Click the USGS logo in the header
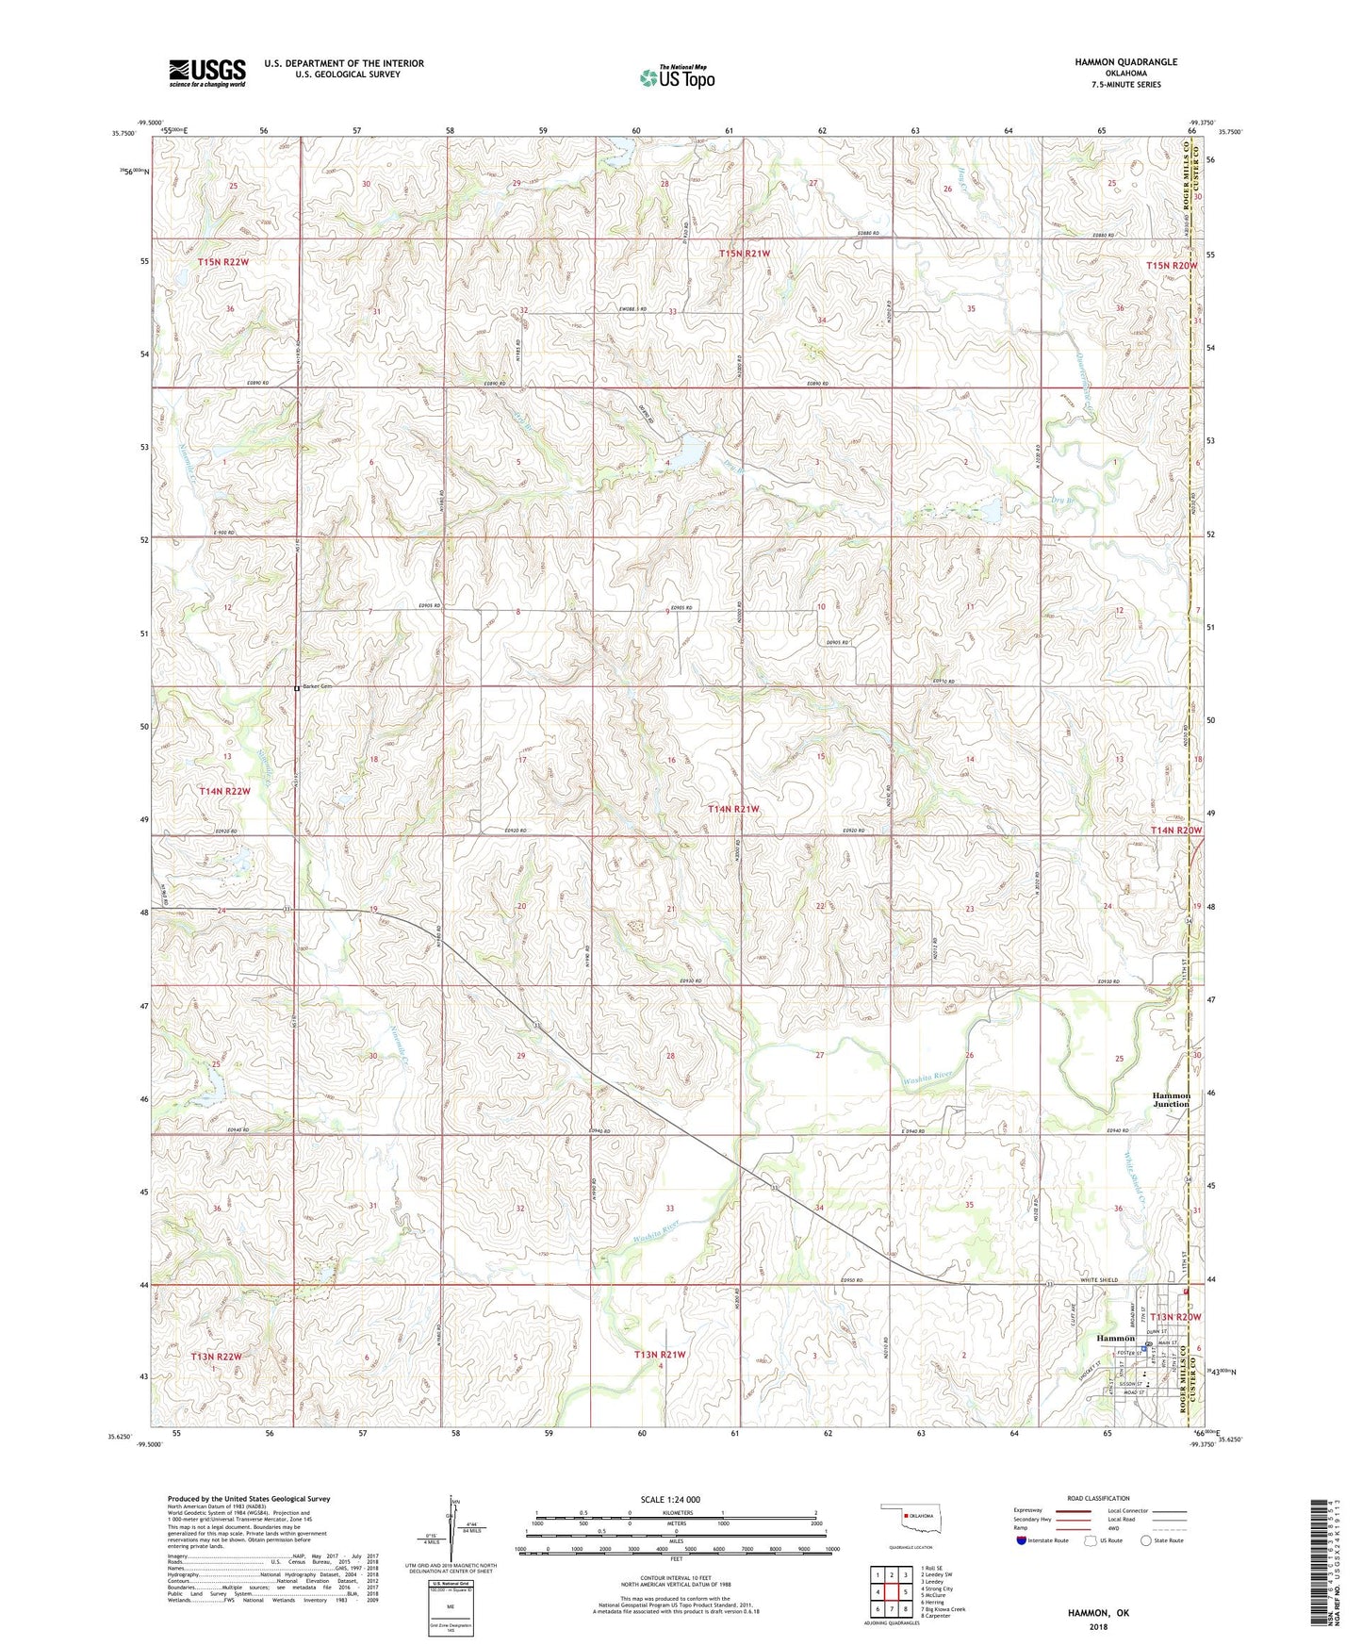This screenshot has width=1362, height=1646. pyautogui.click(x=207, y=73)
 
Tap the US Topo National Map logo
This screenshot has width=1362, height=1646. pyautogui.click(x=677, y=77)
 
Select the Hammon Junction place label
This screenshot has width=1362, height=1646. pyautogui.click(x=1171, y=1099)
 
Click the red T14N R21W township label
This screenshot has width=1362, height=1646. pyautogui.click(x=733, y=809)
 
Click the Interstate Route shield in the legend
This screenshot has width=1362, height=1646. pyautogui.click(x=1022, y=1540)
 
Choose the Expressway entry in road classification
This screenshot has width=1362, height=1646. pyautogui.click(x=1027, y=1510)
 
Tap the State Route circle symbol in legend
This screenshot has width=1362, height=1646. pyautogui.click(x=1145, y=1540)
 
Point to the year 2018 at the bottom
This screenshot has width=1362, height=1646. pyautogui.click(x=1098, y=1627)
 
